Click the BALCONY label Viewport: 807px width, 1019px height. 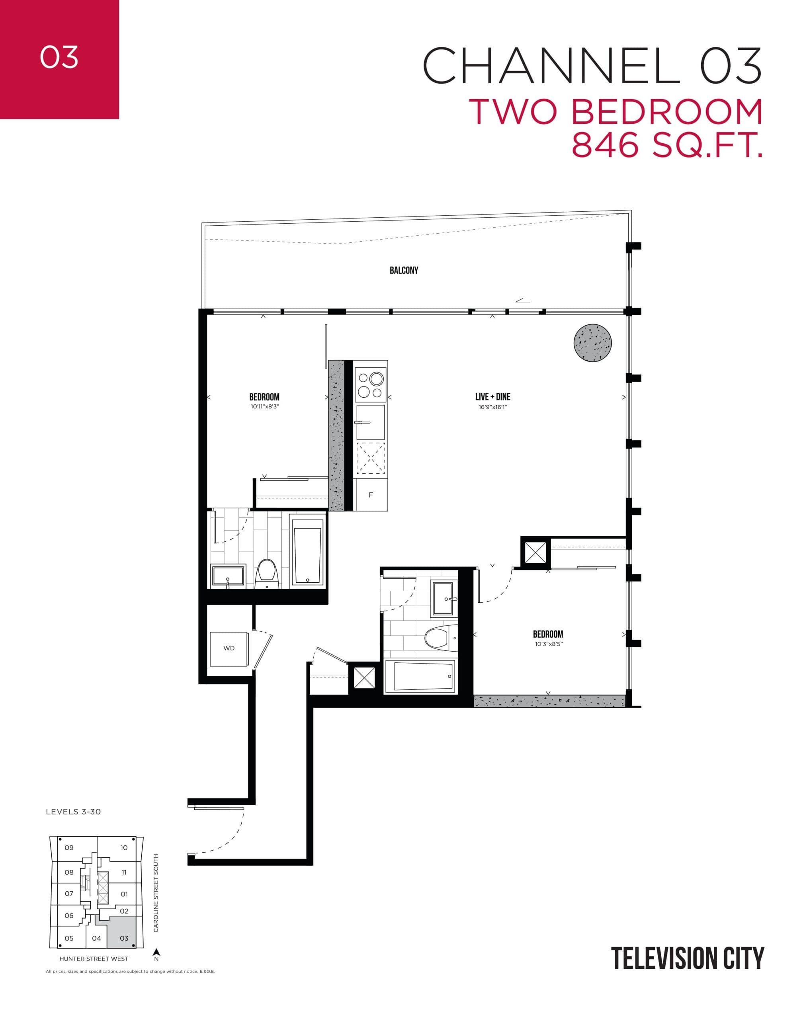404,270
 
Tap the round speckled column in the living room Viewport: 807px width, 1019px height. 592,343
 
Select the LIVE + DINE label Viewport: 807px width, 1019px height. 492,397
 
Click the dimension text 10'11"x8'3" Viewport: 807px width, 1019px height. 265,407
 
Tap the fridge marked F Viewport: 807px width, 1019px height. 371,495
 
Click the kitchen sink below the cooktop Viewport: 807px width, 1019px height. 371,422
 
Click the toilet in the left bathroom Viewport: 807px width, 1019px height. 266,573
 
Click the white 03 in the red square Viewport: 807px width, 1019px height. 59,58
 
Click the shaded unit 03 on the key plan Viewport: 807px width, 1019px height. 124,938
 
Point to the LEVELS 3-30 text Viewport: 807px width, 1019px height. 73,812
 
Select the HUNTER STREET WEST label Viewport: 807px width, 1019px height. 94,958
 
